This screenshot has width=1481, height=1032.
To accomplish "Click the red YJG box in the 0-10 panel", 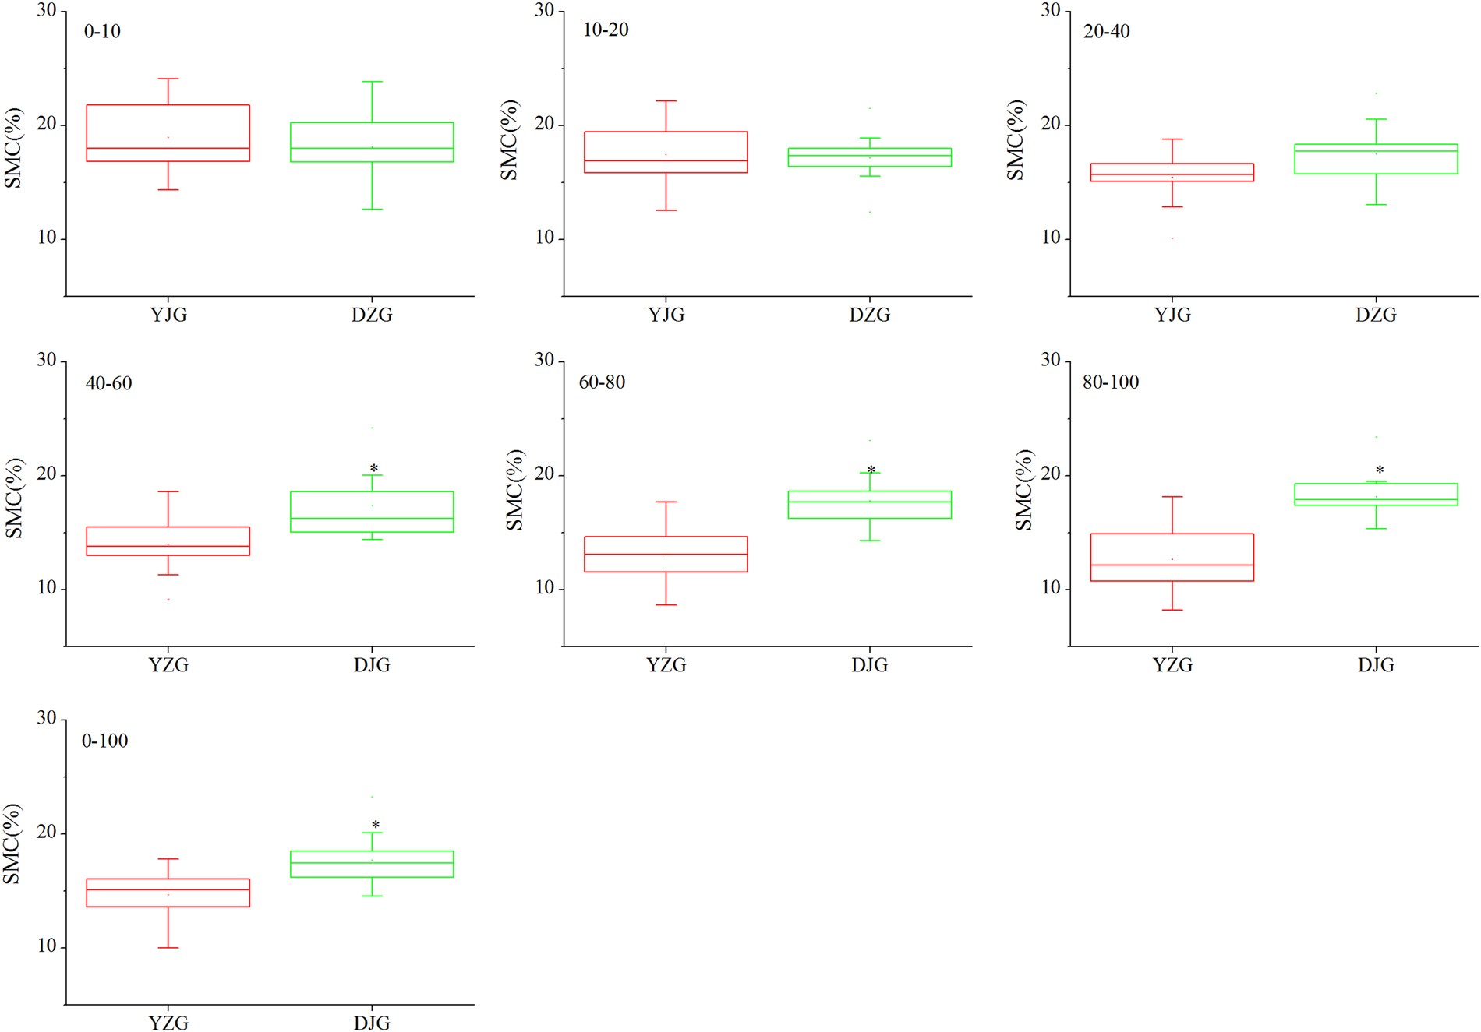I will coord(168,133).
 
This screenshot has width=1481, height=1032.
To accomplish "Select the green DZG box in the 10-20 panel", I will coord(869,157).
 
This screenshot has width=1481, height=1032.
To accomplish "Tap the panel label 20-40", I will coord(1106,32).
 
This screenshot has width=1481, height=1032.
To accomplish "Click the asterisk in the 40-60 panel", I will coord(374,469).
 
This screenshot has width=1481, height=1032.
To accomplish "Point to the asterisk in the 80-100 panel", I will coord(1380,470).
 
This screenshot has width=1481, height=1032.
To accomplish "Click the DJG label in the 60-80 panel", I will coord(869,665).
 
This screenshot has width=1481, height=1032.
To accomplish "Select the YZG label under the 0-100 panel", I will coord(168,1023).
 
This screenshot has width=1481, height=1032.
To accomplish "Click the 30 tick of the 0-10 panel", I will coord(47,10).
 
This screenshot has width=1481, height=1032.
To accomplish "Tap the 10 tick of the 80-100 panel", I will coord(1051,588).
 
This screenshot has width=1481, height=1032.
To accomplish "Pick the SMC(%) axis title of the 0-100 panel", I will coord(12,844).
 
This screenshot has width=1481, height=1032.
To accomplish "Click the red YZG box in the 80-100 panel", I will coord(1172,558).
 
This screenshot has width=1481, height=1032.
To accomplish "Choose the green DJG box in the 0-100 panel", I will coord(372,864).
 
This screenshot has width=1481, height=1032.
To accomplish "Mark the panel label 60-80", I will coord(602,382).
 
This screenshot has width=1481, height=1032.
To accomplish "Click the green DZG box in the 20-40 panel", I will coord(1376,159).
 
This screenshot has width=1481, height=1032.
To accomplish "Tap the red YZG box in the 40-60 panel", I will coord(168,541).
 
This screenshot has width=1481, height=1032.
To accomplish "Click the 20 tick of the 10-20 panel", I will coord(544,125).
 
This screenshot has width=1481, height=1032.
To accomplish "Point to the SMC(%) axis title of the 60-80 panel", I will coord(514,490).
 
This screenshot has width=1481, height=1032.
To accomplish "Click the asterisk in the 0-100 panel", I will coord(376,826).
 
